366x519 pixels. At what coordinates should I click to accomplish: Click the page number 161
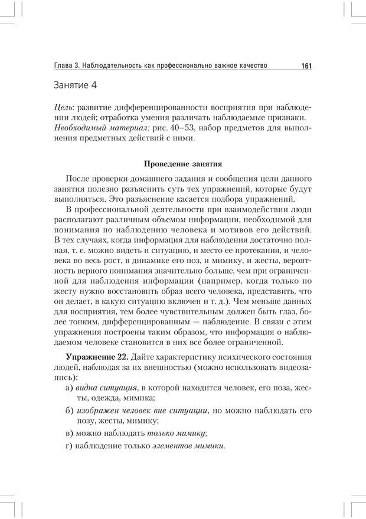306,66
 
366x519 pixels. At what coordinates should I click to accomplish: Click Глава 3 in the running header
68,66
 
